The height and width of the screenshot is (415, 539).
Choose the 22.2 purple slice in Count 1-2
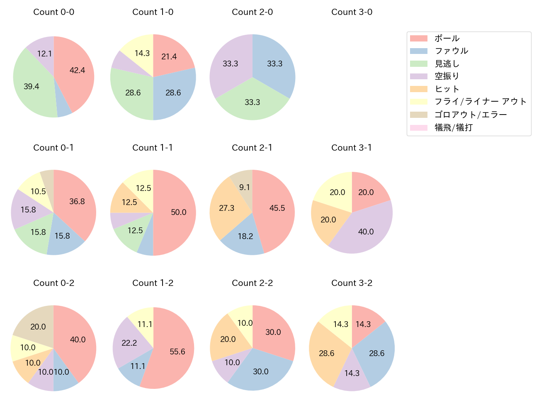(x=129, y=342)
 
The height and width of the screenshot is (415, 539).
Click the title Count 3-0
(x=352, y=12)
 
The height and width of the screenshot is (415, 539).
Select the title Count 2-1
(x=252, y=148)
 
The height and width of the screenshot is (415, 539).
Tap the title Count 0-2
(x=53, y=283)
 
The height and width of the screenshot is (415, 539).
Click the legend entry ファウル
(x=451, y=51)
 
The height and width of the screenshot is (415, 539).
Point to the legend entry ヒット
(x=447, y=89)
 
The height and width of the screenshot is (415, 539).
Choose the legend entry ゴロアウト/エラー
(x=470, y=115)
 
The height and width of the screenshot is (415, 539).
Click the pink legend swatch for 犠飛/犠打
(x=418, y=127)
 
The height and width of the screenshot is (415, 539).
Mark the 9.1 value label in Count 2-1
(x=245, y=187)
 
